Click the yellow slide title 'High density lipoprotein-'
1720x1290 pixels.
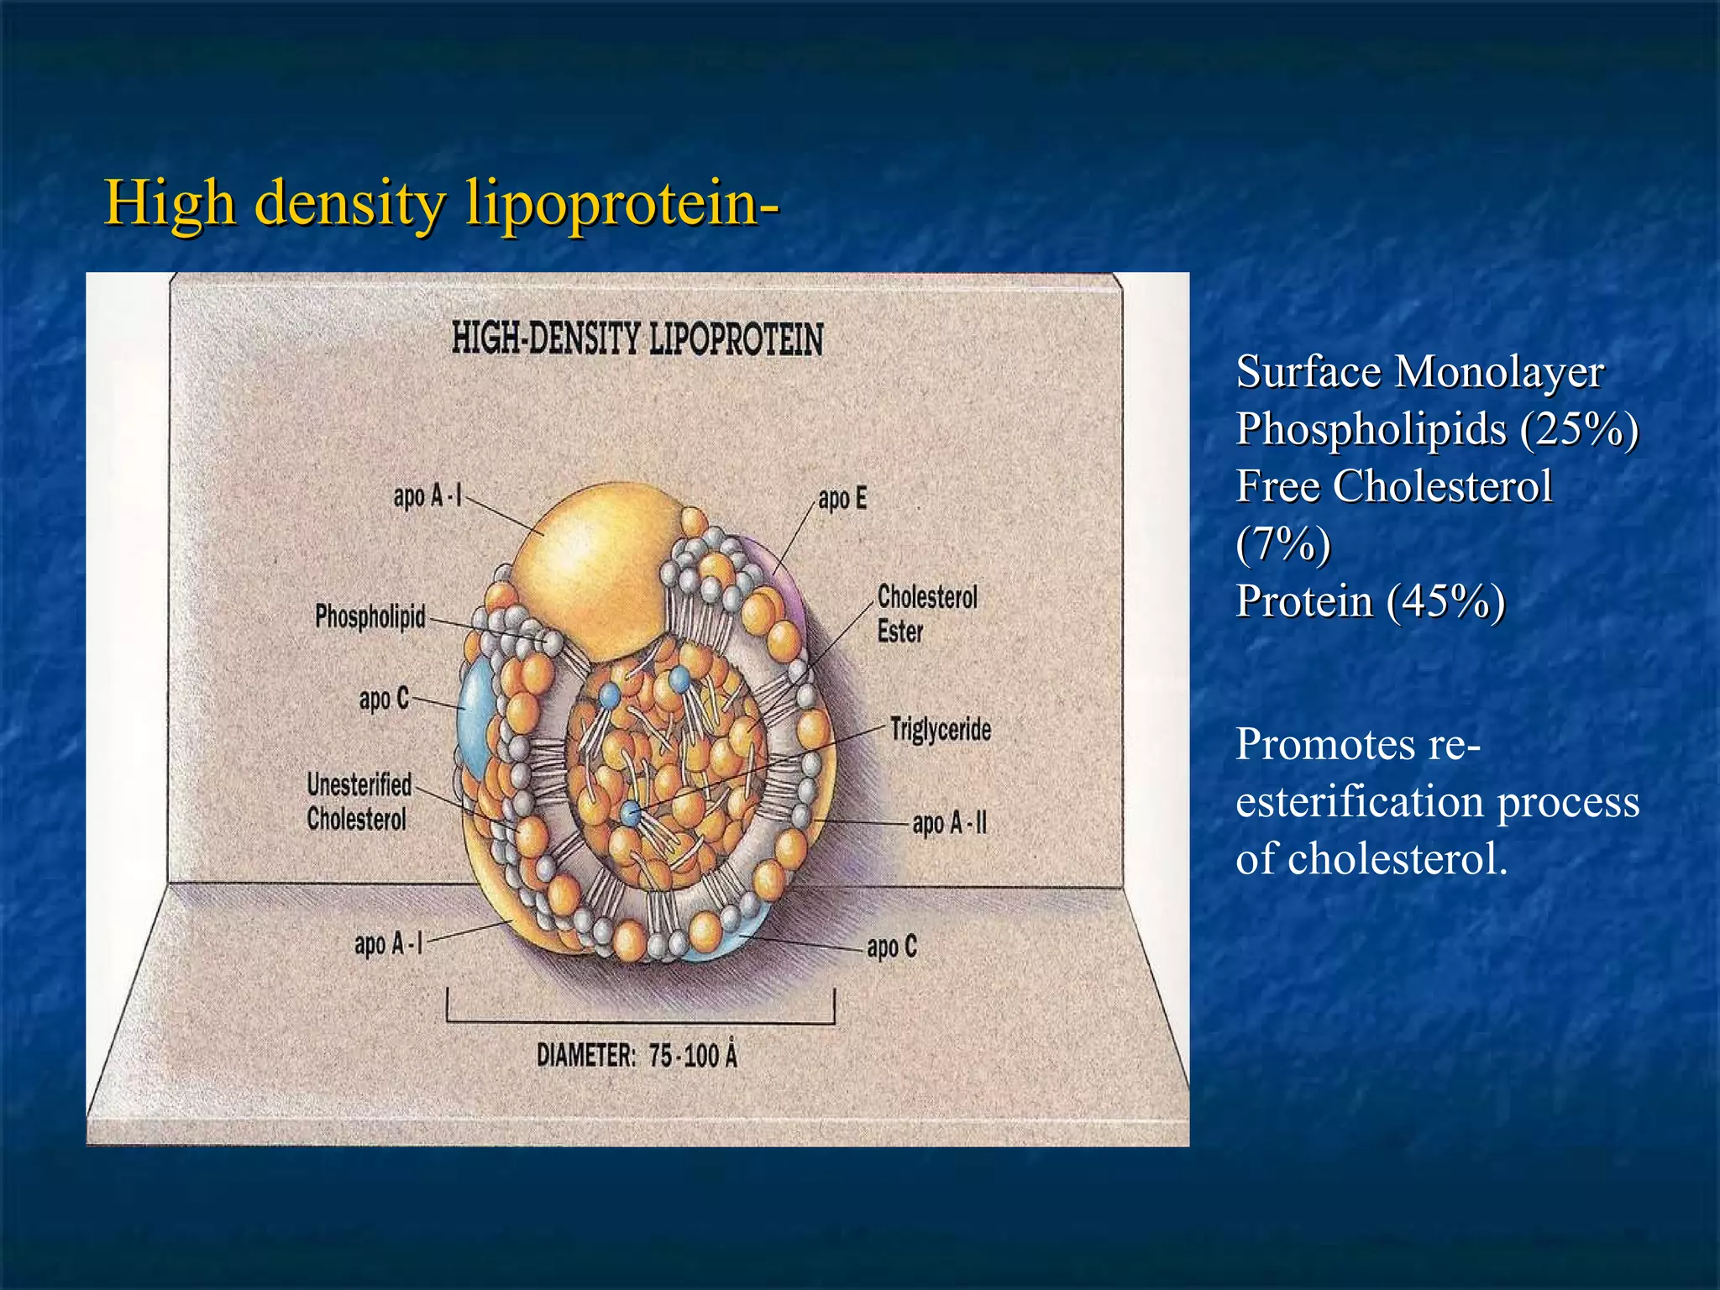click(x=441, y=204)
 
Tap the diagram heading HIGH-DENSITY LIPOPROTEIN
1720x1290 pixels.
click(x=637, y=339)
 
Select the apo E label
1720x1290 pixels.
click(x=842, y=499)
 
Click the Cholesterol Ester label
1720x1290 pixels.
click(x=926, y=614)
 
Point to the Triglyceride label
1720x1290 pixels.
click(x=941, y=730)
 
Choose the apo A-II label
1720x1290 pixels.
click(x=949, y=824)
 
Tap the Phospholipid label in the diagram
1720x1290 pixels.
click(x=370, y=616)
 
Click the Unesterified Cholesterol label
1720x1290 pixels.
click(x=359, y=801)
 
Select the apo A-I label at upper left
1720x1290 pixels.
click(x=427, y=496)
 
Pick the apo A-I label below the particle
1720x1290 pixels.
click(x=388, y=945)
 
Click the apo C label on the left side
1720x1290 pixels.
click(x=383, y=699)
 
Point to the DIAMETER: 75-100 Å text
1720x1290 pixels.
click(x=637, y=1056)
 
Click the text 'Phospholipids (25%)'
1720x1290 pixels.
click(x=1436, y=429)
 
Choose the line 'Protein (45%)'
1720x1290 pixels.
click(x=1370, y=601)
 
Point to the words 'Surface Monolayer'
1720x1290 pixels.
click(x=1419, y=372)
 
